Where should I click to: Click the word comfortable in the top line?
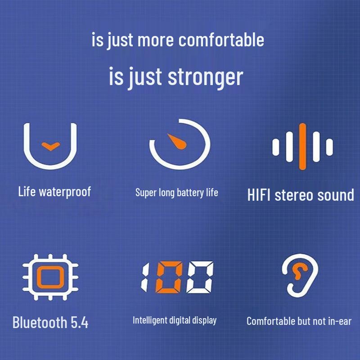coord(221,40)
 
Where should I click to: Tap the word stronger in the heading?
coord(205,77)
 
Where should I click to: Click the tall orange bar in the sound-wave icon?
coord(302,146)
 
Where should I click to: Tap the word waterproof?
coord(65,192)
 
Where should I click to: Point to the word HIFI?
coord(259,195)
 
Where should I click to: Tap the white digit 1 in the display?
coord(146,277)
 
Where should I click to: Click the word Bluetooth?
coord(39,322)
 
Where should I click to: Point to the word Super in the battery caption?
coord(145,193)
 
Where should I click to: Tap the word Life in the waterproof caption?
coord(27,192)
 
